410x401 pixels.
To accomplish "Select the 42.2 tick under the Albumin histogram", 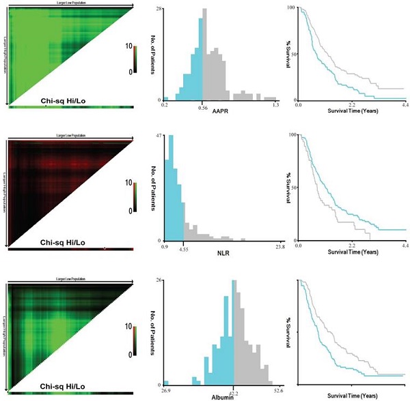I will (234, 391).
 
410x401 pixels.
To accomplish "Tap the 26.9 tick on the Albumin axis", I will (166, 391).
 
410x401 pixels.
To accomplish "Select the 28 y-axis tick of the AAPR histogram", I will (158, 10).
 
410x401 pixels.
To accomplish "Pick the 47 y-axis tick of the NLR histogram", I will (158, 136).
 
